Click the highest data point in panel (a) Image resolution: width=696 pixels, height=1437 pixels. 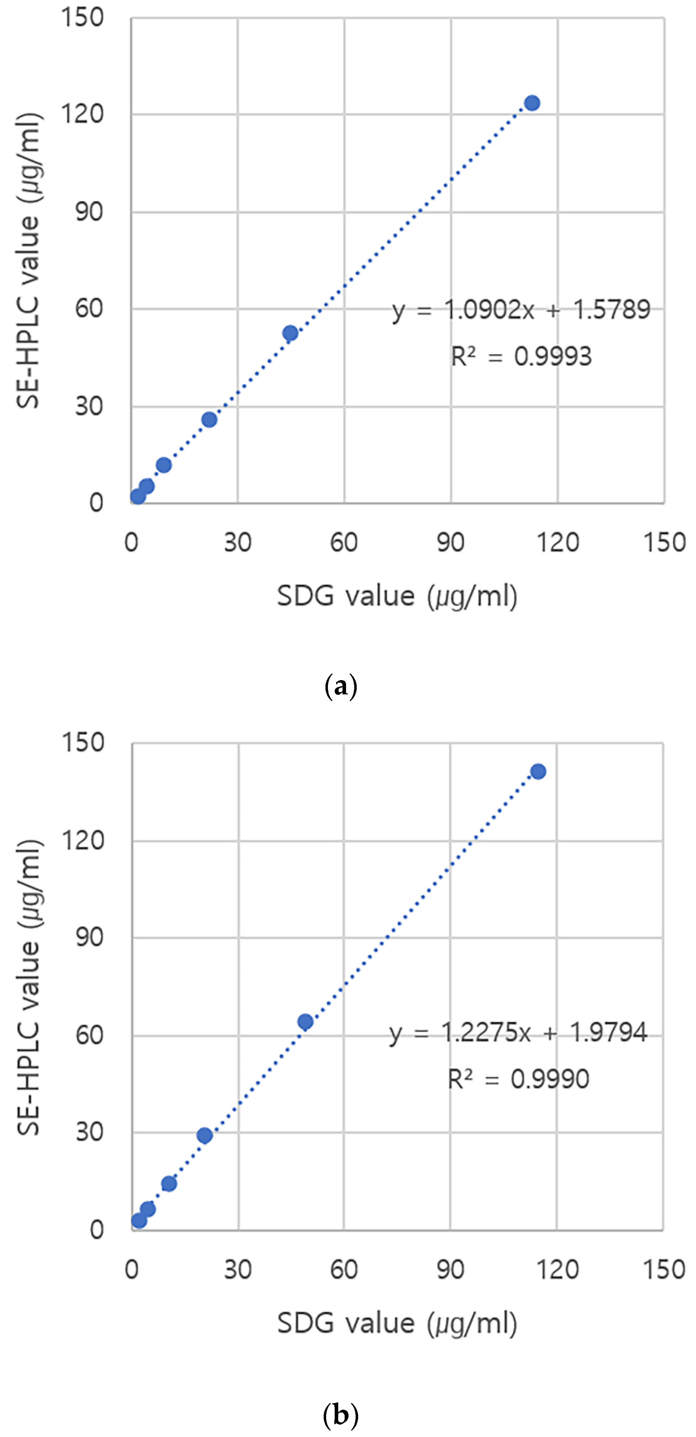tap(532, 103)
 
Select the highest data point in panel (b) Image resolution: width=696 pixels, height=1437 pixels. tap(538, 771)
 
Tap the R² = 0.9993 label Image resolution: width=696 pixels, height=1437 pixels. tap(521, 356)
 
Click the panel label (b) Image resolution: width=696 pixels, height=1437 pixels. tap(340, 1415)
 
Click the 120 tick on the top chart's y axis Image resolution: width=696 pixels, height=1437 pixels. tap(82, 114)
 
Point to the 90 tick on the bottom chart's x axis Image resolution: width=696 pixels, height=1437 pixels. tap(450, 1270)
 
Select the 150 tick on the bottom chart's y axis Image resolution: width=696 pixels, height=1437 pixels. tap(82, 743)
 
